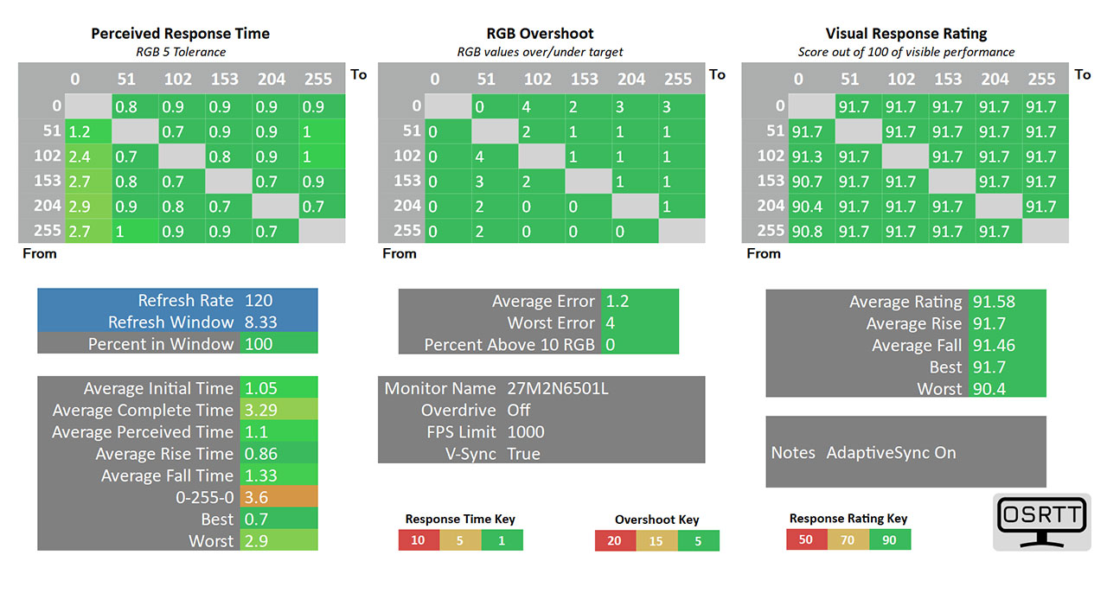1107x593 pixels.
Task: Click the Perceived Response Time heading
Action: [180, 35]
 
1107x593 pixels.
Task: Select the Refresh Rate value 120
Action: [259, 301]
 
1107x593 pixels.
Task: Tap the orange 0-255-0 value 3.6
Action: [256, 497]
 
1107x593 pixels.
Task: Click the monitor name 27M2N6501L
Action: [557, 388]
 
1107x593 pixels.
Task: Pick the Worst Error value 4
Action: [611, 323]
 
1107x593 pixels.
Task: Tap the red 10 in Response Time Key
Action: [419, 540]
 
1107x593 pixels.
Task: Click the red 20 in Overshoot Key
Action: [615, 541]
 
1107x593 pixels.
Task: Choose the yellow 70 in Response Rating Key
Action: [848, 540]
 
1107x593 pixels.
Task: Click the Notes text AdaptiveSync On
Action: [891, 453]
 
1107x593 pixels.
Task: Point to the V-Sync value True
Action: [523, 454]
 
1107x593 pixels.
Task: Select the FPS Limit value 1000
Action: [527, 432]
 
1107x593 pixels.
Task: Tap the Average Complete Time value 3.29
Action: [263, 411]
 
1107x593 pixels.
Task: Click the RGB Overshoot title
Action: [540, 35]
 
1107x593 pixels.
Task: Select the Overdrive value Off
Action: [519, 411]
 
